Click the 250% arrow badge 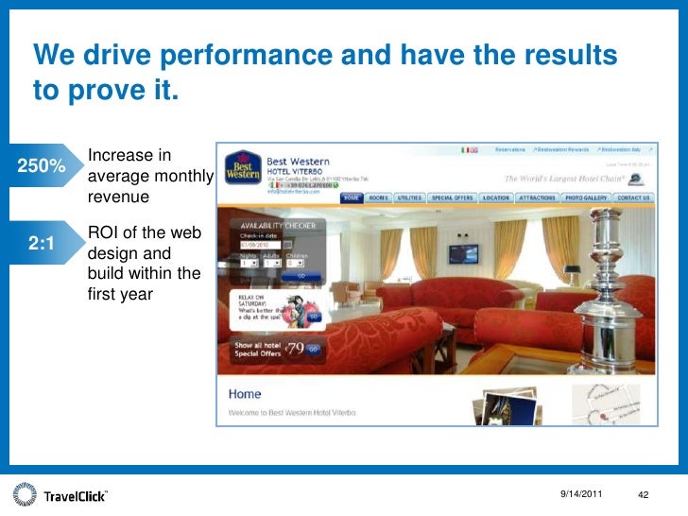pos(43,166)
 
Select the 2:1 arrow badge pos(43,243)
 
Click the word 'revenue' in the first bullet pos(118,198)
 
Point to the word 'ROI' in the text pos(105,232)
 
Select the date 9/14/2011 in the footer pos(580,495)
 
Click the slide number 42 pos(646,495)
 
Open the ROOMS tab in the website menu pos(378,198)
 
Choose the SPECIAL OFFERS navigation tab pos(452,198)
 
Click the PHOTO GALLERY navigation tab pos(587,198)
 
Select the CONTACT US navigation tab pos(632,198)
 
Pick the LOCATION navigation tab pos(495,198)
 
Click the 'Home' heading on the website pos(244,394)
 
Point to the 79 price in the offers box pos(297,348)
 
